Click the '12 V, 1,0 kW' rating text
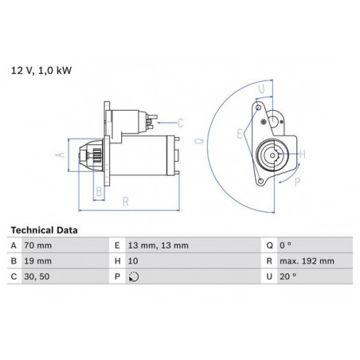tap(41, 71)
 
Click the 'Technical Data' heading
tap(44, 230)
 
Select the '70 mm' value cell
tap(38, 245)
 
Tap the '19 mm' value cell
tap(38, 261)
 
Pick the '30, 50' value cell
tap(37, 276)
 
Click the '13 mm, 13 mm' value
tap(158, 245)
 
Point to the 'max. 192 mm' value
tap(307, 261)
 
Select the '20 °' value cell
tap(288, 276)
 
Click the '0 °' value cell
tap(285, 245)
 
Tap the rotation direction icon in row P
tap(134, 277)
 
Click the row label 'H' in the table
tap(117, 261)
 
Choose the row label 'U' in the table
tap(269, 276)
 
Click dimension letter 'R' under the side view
tap(126, 202)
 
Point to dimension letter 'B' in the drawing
tap(99, 191)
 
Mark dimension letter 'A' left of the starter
tap(61, 155)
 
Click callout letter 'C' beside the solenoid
tap(181, 123)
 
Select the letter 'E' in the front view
tap(240, 134)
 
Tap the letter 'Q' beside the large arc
tap(199, 141)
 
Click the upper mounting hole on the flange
tap(258, 108)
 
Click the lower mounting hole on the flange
tap(260, 181)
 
